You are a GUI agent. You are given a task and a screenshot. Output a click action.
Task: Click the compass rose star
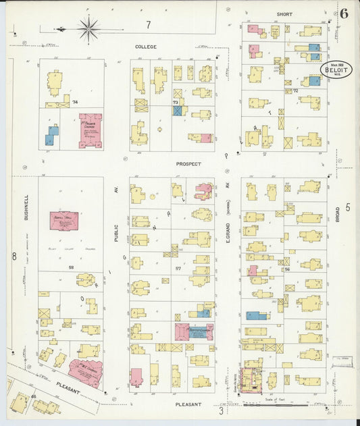coord(88,28)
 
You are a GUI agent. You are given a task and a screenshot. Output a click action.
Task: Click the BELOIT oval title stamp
coord(334,70)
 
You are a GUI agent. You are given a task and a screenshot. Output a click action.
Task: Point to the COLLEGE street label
coord(145,47)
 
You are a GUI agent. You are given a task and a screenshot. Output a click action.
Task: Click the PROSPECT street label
coord(189,163)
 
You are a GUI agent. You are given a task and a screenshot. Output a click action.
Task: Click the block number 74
coord(74,102)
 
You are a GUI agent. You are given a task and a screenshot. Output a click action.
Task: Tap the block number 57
coord(179,269)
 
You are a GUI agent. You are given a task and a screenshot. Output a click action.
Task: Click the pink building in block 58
coord(64,221)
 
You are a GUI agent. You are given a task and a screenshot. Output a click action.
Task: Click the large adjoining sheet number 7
coord(148,25)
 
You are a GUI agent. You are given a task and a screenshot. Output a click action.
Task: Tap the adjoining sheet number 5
coord(348,207)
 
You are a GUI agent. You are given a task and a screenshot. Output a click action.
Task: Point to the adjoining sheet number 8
coord(13,256)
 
